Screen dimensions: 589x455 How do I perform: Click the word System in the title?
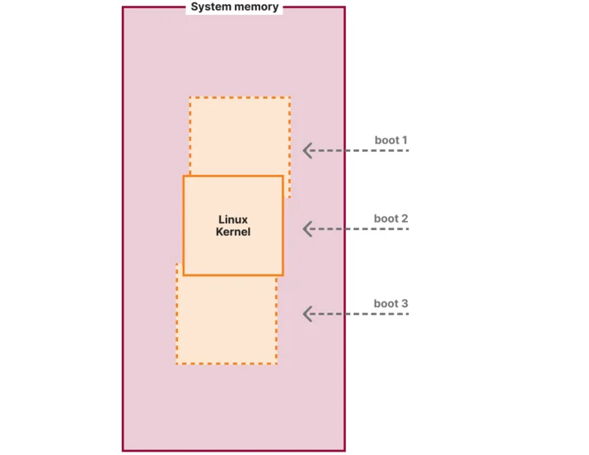[208, 7]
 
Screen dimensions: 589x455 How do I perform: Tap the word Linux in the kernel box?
[233, 219]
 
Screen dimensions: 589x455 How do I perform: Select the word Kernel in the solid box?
[233, 232]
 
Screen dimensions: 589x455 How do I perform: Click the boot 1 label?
[390, 140]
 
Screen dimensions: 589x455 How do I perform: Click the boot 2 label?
[390, 218]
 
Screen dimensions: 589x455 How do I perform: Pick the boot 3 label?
[390, 303]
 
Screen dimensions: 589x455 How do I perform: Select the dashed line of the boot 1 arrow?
[356, 151]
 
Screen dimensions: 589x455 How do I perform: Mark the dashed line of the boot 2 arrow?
[356, 229]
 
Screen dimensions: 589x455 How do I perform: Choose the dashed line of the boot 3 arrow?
[356, 314]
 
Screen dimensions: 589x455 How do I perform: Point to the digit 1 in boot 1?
[404, 140]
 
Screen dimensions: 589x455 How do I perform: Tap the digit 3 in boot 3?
[404, 303]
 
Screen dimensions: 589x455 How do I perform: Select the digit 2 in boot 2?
[404, 218]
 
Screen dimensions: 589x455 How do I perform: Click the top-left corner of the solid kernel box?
[184, 176]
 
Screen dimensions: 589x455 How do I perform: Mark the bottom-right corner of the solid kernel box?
[283, 275]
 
